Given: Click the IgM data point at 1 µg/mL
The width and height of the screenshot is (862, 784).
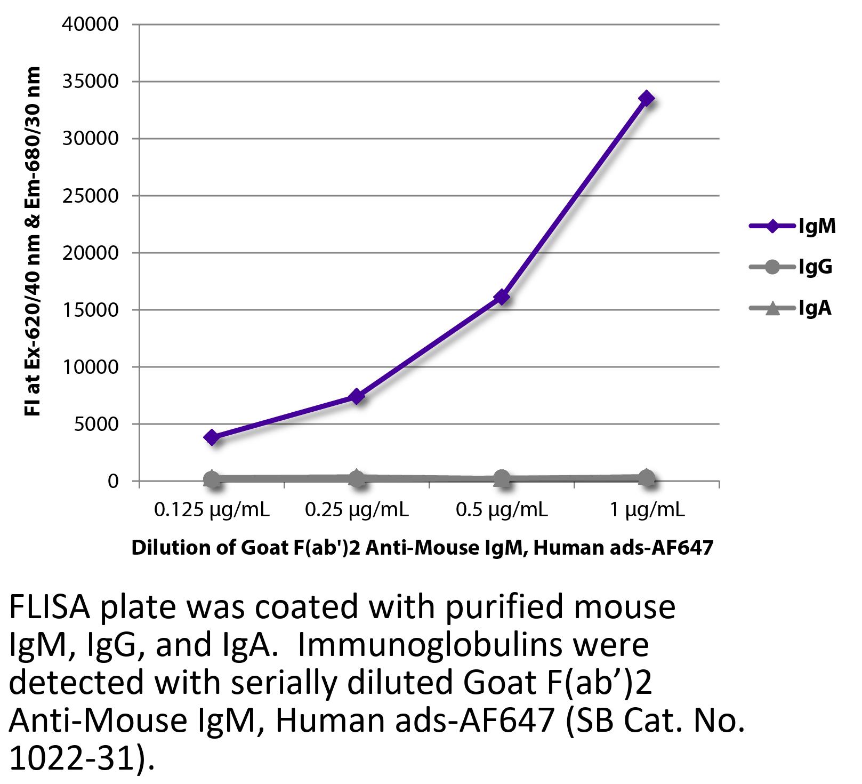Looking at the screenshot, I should [647, 99].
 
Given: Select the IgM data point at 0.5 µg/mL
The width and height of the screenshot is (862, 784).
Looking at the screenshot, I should [502, 297].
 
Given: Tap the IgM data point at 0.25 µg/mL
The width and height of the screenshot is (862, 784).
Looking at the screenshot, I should [357, 396].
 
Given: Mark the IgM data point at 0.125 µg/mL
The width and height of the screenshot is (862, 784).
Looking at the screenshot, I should [212, 437].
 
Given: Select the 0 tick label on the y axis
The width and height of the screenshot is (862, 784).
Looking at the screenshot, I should [112, 481].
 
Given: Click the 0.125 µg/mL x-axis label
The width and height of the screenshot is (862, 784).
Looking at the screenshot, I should [212, 510].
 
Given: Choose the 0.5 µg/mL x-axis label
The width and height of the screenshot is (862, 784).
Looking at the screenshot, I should [502, 510].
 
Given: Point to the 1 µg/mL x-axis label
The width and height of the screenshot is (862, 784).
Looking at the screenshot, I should [647, 510].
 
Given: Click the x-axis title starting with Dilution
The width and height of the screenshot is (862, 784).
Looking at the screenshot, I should [422, 548].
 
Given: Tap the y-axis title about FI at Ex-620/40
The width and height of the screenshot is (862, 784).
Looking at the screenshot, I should [33, 242].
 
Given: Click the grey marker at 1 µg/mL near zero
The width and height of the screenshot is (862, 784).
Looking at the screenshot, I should [647, 478].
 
